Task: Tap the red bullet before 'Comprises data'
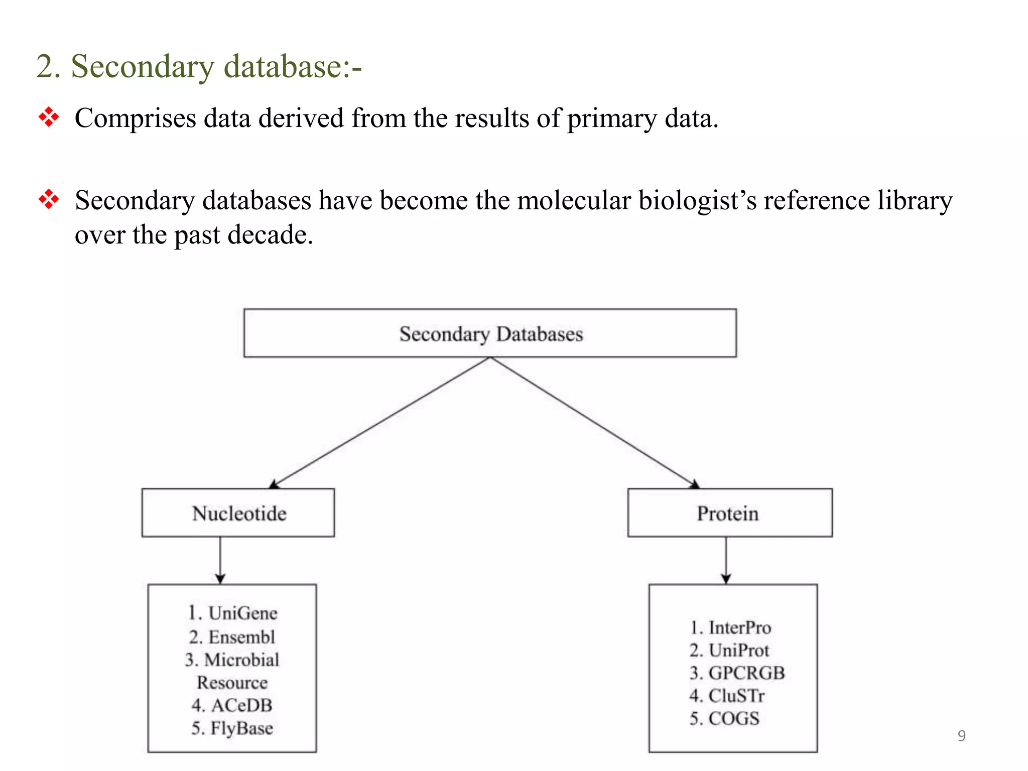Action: click(49, 117)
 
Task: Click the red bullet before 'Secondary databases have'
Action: click(49, 199)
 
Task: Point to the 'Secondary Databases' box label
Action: click(490, 334)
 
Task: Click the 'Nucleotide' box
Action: click(238, 513)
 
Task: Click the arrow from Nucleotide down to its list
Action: click(220, 560)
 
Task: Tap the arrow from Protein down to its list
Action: click(726, 560)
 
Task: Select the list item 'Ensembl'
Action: click(241, 637)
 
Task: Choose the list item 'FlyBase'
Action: click(241, 728)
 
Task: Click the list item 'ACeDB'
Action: click(241, 705)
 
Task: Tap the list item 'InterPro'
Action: click(739, 627)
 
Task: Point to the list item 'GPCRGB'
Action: click(746, 673)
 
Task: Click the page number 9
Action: click(961, 736)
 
